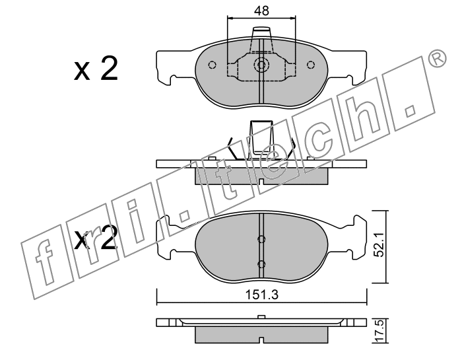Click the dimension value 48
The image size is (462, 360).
pos(261,11)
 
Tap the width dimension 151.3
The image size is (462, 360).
pos(262,295)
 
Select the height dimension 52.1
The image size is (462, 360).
pos(380,244)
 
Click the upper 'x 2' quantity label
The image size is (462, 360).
pos(96,69)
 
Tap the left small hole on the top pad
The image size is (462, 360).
pos(212,65)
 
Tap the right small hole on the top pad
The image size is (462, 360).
pos(311,65)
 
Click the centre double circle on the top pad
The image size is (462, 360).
pos(261,65)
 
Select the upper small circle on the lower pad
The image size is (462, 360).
pos(261,239)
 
